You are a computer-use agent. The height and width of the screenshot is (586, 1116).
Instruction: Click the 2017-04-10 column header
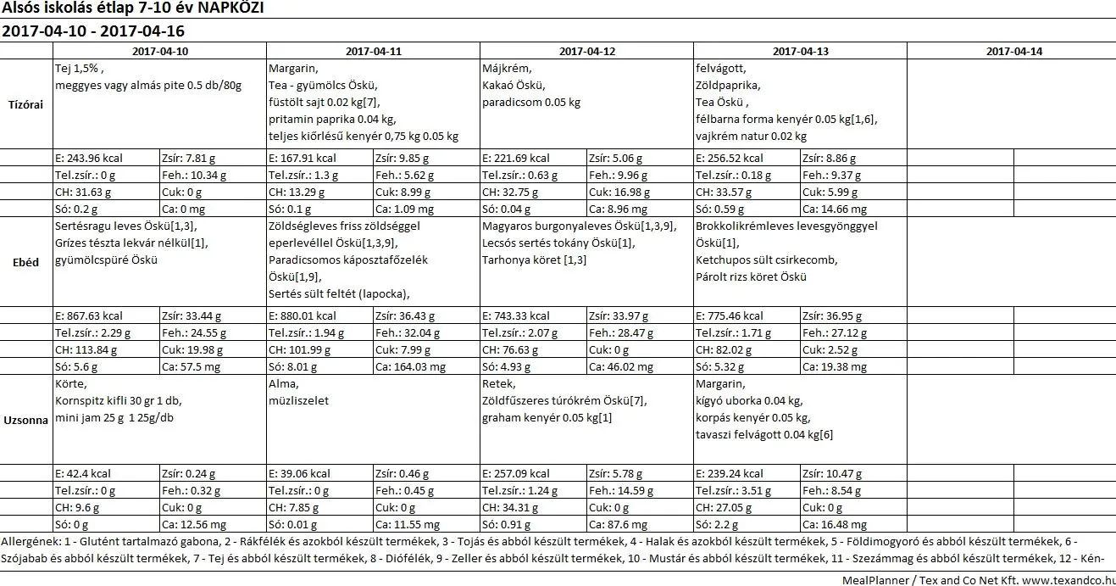coord(160,51)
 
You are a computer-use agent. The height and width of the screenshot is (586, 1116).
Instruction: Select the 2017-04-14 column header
coord(1014,51)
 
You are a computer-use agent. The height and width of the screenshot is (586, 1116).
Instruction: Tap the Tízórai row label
coord(25,104)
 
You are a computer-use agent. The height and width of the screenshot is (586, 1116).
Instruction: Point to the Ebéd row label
coord(25,262)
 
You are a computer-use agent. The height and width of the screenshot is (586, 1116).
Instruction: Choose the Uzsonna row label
coord(25,420)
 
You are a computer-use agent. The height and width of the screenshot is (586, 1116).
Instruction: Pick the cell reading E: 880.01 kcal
coord(302,315)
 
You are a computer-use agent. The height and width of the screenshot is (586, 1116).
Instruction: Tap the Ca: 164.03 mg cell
coord(410,367)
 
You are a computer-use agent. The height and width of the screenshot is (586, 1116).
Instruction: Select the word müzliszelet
coord(298,400)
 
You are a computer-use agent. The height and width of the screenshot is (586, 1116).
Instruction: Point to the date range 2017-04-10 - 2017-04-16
coord(93,31)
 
